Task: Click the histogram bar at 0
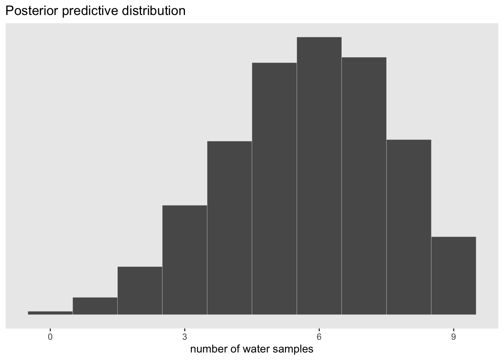pyautogui.click(x=50, y=313)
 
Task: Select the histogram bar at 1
pyautogui.click(x=95, y=306)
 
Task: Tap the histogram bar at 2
pyautogui.click(x=140, y=291)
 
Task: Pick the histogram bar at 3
pyautogui.click(x=184, y=260)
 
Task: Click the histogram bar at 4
pyautogui.click(x=229, y=228)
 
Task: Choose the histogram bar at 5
pyautogui.click(x=274, y=189)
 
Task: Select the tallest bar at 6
pyautogui.click(x=319, y=176)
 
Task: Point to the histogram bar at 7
pyautogui.click(x=364, y=186)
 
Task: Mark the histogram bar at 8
pyautogui.click(x=409, y=227)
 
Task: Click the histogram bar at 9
pyautogui.click(x=453, y=276)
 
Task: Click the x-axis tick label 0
pyautogui.click(x=50, y=336)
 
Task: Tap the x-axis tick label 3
pyautogui.click(x=184, y=336)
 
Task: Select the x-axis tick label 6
pyautogui.click(x=319, y=336)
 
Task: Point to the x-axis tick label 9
pyautogui.click(x=453, y=336)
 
